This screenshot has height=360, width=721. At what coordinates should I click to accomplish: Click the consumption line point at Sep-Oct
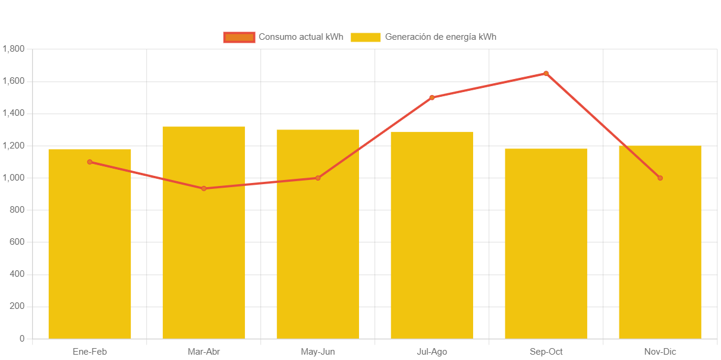[546, 74]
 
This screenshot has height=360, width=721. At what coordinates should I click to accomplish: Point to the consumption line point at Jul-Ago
[432, 97]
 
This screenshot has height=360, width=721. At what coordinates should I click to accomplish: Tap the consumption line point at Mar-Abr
[204, 188]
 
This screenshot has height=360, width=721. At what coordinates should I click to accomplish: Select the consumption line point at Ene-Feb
[90, 162]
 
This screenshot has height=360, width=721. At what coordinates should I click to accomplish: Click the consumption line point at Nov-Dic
[660, 178]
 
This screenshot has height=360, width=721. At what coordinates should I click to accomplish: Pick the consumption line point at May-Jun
[318, 178]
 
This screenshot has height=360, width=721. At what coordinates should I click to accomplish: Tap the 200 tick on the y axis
[17, 306]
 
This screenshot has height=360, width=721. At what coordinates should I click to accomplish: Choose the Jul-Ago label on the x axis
[432, 352]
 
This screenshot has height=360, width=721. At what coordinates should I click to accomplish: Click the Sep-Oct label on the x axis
[546, 352]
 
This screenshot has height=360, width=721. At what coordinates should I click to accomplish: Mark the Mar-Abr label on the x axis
[204, 352]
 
